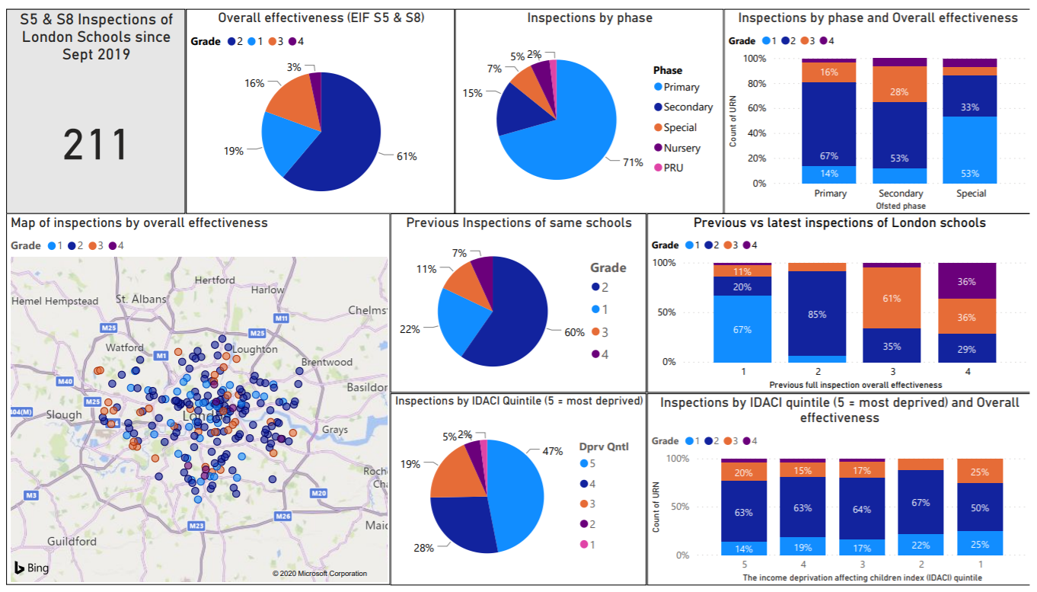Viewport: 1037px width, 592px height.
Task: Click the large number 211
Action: pyautogui.click(x=95, y=145)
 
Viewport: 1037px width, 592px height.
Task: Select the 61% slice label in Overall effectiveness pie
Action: pyautogui.click(x=406, y=156)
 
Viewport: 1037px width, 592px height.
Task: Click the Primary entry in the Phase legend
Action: pyautogui.click(x=681, y=87)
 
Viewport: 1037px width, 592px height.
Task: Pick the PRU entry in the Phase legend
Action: pyautogui.click(x=673, y=168)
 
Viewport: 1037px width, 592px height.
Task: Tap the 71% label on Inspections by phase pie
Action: pyautogui.click(x=632, y=162)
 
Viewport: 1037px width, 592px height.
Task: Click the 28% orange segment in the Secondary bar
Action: pyautogui.click(x=900, y=92)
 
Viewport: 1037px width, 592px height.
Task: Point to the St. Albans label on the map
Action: pyautogui.click(x=140, y=299)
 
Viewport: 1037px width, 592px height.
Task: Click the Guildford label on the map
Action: pyautogui.click(x=72, y=541)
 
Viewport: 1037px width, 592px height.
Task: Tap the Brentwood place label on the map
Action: pyautogui.click(x=327, y=362)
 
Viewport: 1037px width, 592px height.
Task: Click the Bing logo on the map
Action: pyautogui.click(x=31, y=568)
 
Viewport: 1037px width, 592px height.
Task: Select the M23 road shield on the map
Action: pyautogui.click(x=196, y=526)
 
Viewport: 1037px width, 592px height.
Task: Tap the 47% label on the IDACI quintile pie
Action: pyautogui.click(x=553, y=451)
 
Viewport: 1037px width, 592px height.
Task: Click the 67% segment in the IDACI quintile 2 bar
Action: pyautogui.click(x=920, y=502)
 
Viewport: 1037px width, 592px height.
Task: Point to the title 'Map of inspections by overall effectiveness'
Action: pyautogui.click(x=139, y=222)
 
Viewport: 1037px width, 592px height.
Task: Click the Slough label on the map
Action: pyautogui.click(x=63, y=414)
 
